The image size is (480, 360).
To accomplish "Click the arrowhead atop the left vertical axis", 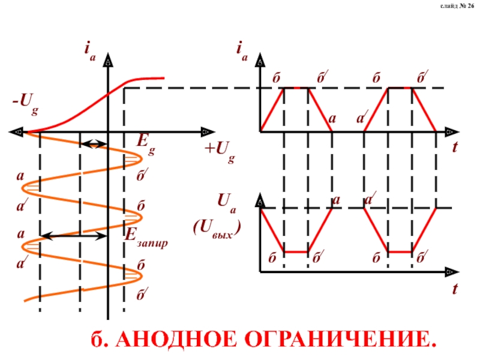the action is (x=108, y=60).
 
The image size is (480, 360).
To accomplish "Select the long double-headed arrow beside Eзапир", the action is (x=73, y=237).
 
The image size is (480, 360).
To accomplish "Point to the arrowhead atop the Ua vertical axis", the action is (x=260, y=199).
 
